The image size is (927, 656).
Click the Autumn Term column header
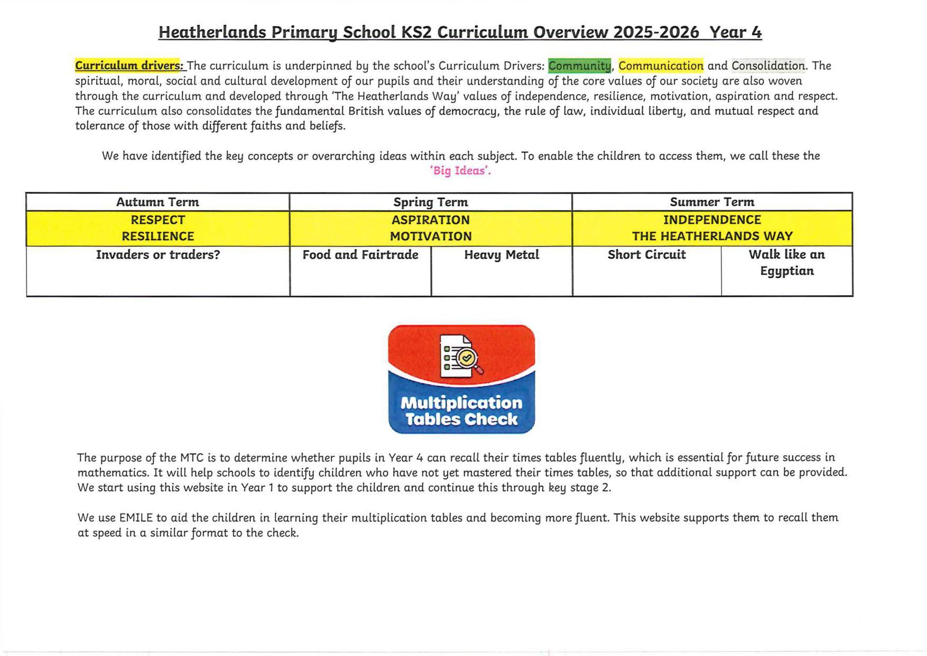click(157, 202)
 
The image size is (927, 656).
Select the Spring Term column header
click(430, 202)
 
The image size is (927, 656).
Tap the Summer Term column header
click(712, 202)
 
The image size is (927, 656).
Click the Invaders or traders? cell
click(157, 255)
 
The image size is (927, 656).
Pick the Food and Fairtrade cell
click(360, 255)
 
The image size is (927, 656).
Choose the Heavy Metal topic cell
click(502, 255)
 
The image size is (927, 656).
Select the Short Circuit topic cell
click(646, 255)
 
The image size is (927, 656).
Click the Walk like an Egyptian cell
click(786, 263)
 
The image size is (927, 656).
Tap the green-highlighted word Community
click(579, 66)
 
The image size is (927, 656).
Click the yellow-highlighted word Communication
click(661, 66)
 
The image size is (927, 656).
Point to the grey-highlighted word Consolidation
click(768, 66)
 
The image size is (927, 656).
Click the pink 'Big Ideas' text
click(460, 171)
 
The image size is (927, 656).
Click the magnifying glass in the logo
click(468, 360)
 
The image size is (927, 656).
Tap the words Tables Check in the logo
click(461, 420)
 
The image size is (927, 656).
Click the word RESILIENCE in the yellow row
click(157, 236)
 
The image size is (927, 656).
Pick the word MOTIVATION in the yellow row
click(430, 236)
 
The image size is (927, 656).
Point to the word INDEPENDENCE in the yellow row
click(712, 220)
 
